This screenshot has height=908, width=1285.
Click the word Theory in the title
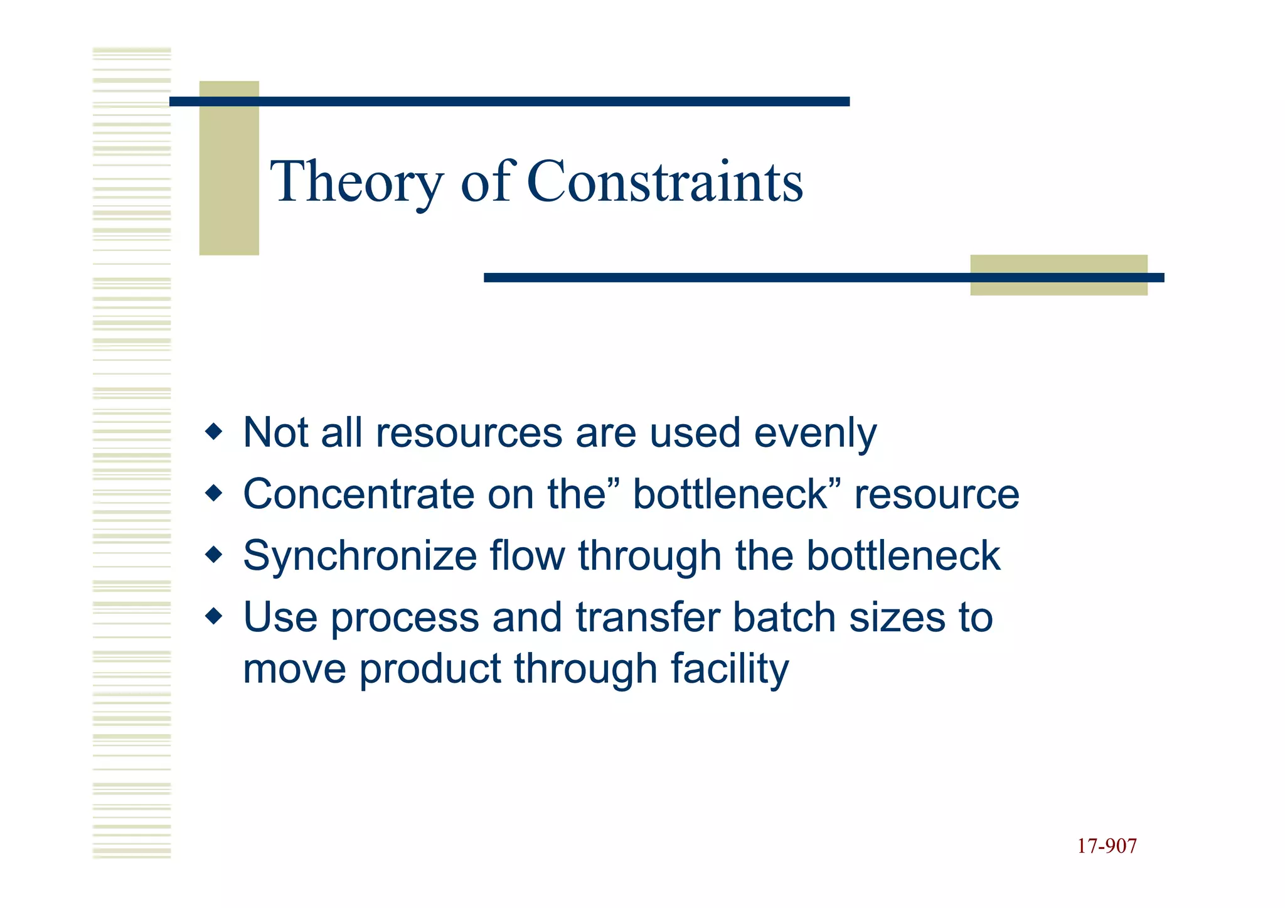[356, 182]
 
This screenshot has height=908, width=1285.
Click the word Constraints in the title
[664, 182]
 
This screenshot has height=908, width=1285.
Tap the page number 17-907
[1106, 846]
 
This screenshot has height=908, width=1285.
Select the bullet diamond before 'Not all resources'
[214, 432]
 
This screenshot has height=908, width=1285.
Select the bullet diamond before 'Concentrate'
[214, 493]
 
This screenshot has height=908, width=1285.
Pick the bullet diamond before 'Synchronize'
[214, 555]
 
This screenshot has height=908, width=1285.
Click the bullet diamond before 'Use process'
[214, 616]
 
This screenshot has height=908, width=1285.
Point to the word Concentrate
[358, 494]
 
